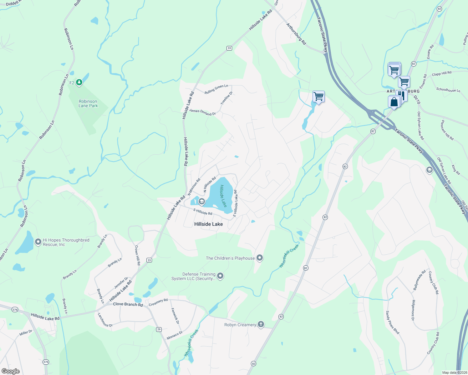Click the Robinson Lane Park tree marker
point(79,82)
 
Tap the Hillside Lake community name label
point(208,224)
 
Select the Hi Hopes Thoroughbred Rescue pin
point(38,242)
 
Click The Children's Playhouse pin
point(260,258)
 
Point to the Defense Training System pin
point(220,276)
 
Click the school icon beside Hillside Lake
point(201,202)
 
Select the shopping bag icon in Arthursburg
point(394,102)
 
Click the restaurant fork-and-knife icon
point(403,95)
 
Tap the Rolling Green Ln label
point(216,89)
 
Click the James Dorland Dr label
point(202,112)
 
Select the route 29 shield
point(159,329)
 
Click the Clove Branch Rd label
point(128,304)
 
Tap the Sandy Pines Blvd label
point(392,322)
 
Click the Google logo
point(11,371)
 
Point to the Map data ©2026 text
point(454,372)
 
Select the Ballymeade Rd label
point(420,280)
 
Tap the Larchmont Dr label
point(105,320)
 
